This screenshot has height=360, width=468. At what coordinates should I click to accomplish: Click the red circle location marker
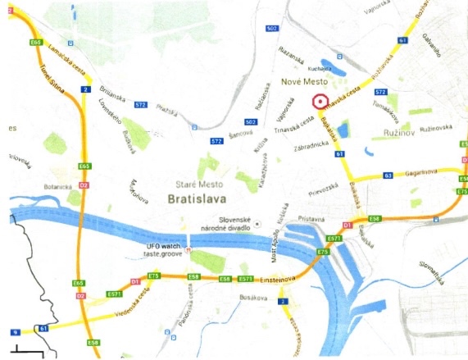320,101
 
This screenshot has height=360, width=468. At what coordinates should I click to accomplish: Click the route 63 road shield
388,175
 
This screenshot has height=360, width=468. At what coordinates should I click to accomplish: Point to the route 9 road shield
16,331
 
